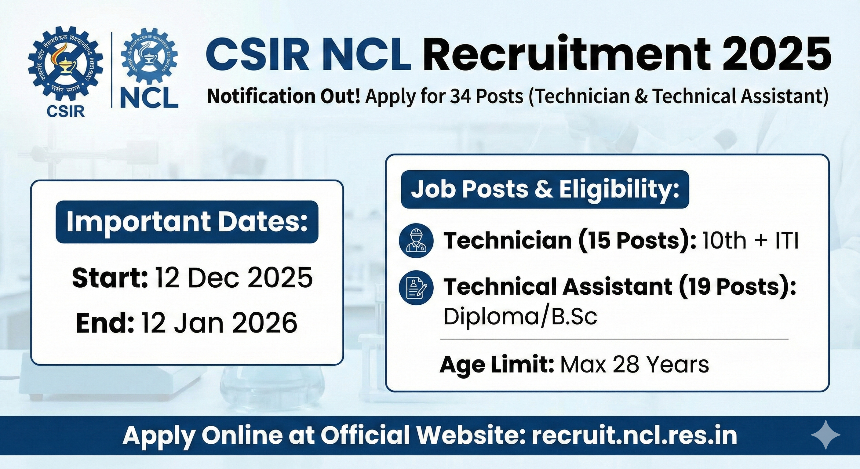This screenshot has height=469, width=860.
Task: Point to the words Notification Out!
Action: click(x=284, y=97)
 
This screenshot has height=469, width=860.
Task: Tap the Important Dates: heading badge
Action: click(x=187, y=222)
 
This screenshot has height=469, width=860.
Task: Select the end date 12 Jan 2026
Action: click(x=219, y=323)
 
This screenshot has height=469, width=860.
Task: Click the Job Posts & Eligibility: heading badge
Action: click(x=545, y=190)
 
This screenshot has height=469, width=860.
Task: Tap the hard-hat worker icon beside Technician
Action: click(x=416, y=240)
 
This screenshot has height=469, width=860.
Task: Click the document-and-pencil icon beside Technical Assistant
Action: click(x=416, y=288)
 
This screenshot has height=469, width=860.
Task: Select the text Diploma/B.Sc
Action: click(x=520, y=316)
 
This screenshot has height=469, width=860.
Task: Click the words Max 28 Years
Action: click(x=634, y=365)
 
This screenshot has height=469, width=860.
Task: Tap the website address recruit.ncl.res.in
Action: click(x=634, y=435)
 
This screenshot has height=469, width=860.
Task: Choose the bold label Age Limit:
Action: click(x=497, y=365)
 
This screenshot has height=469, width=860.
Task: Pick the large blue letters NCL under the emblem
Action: click(x=149, y=96)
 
